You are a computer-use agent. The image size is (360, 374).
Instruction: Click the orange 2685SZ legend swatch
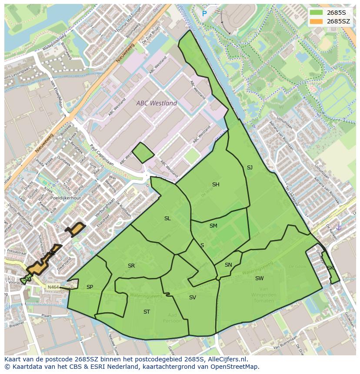[316, 21]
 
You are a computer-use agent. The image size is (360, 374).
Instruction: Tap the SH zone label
[216, 185]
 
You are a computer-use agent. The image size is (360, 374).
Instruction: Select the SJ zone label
[250, 168]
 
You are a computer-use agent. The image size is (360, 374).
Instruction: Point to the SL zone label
[167, 218]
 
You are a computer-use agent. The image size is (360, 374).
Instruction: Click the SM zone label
[213, 226]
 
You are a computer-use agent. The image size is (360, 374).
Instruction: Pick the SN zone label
[228, 265]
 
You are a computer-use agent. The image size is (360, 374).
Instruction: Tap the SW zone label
[259, 278]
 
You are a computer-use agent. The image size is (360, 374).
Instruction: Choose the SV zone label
[193, 298]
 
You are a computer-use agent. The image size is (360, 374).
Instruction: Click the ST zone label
[147, 312]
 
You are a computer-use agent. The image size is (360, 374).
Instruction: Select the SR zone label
[131, 266]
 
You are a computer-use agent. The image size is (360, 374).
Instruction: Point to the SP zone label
[90, 287]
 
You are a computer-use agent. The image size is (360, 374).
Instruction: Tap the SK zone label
[330, 268]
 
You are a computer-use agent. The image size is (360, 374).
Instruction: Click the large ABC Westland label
[157, 103]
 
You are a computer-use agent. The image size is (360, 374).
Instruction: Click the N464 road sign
[53, 287]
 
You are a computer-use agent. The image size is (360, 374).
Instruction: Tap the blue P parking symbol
[204, 14]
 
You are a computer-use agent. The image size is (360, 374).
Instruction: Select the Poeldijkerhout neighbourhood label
[65, 198]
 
